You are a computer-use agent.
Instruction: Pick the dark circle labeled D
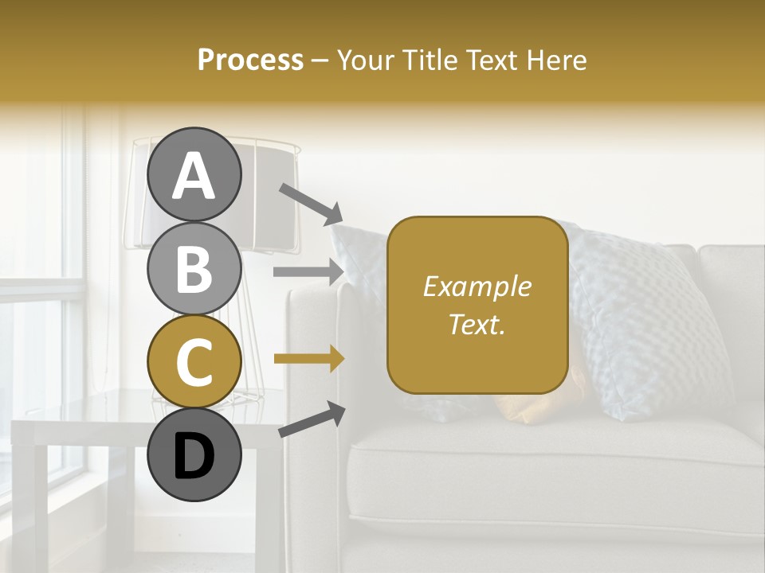194,454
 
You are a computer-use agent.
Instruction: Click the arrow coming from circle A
311,203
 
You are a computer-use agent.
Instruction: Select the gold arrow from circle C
309,359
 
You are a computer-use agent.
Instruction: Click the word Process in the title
250,60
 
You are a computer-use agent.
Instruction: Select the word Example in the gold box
477,286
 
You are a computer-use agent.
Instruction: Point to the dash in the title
320,60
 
